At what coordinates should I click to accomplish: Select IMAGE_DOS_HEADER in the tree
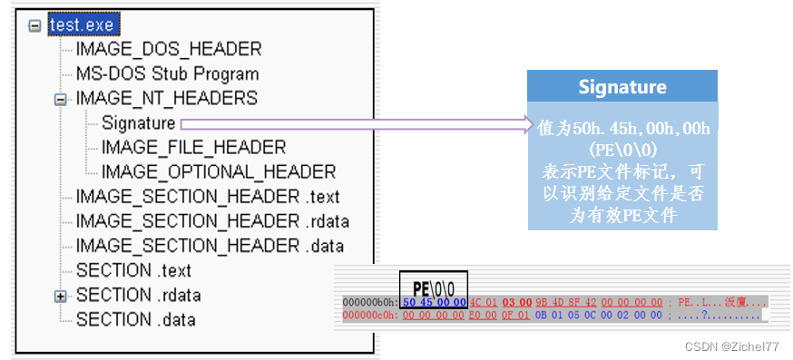[168, 49]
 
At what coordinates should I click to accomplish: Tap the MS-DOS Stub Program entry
[167, 73]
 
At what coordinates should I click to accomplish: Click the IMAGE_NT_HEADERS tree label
[167, 98]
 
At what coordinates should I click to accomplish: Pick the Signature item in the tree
[138, 122]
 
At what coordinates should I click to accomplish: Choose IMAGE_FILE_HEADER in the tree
[193, 147]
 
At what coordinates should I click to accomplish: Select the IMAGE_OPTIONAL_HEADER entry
[219, 171]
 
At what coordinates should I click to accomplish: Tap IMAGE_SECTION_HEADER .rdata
[212, 221]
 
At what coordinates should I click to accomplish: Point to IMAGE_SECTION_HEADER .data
[210, 246]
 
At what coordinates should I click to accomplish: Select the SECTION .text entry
[133, 270]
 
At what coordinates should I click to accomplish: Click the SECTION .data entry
[135, 319]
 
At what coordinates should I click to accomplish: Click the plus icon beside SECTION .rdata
[61, 296]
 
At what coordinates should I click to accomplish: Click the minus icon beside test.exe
[35, 25]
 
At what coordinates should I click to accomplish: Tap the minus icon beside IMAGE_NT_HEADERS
[61, 99]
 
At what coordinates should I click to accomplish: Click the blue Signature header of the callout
[622, 87]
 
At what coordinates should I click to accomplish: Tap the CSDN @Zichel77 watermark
[733, 346]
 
